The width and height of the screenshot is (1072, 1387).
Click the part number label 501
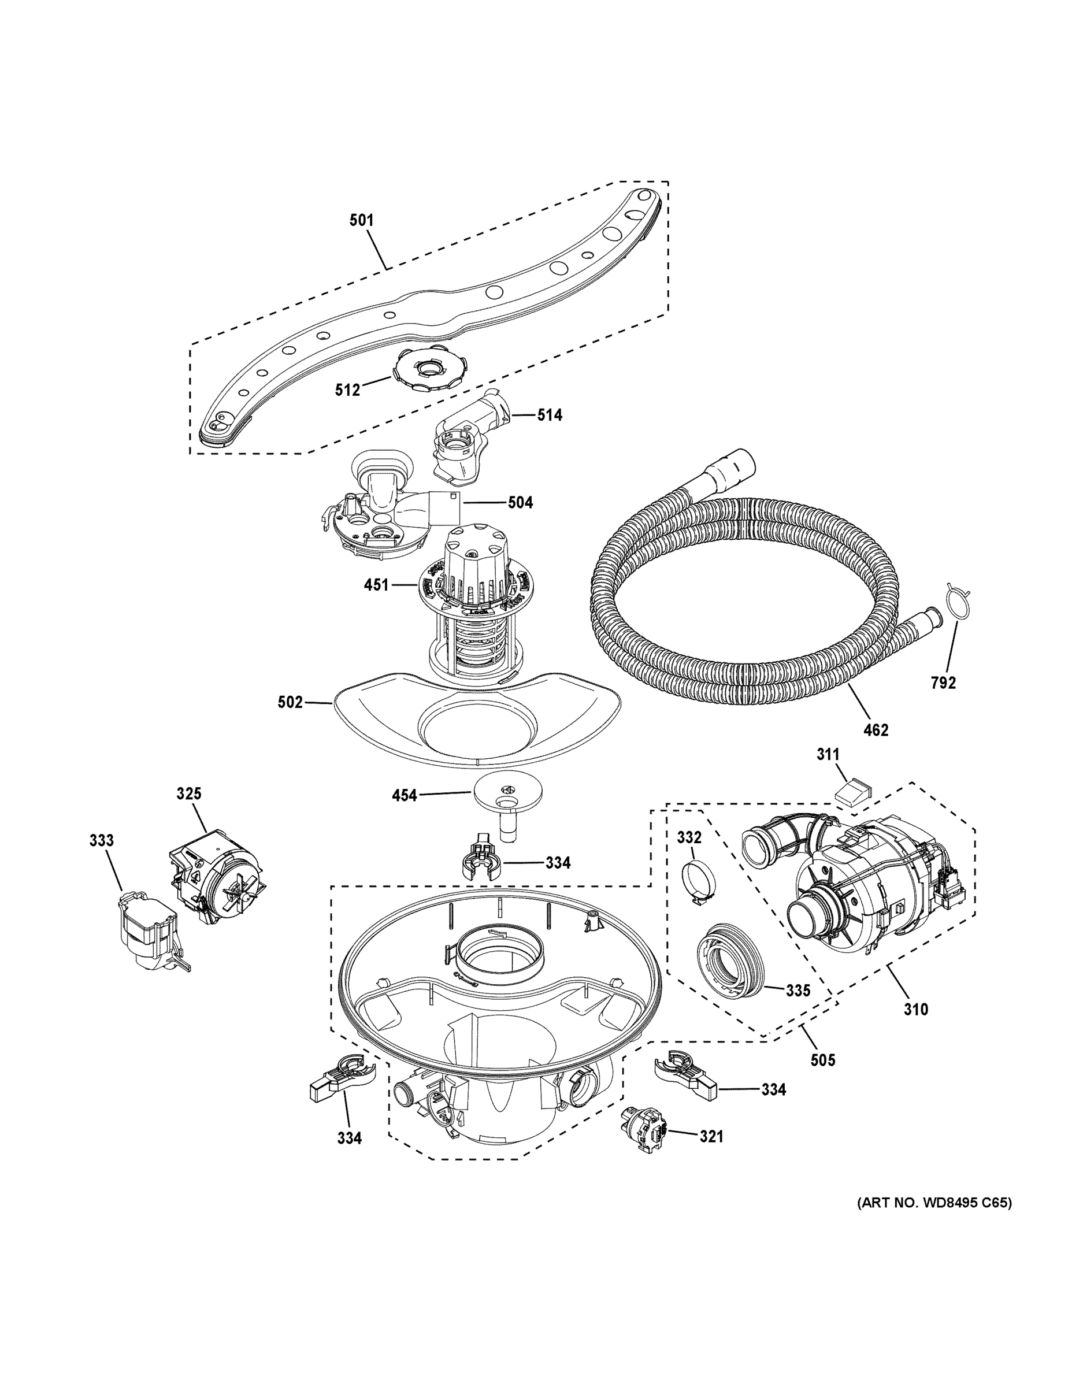(361, 220)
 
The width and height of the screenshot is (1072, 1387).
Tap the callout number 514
(550, 416)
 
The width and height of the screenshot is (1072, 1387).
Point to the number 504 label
(520, 503)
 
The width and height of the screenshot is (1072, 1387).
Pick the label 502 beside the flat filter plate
(290, 702)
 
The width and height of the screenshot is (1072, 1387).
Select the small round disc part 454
(508, 795)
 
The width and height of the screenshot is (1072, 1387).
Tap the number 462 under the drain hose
(876, 731)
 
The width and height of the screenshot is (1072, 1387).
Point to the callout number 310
(916, 1009)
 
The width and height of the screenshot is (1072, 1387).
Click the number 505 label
(822, 1060)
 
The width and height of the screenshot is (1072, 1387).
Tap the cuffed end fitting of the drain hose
(732, 468)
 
